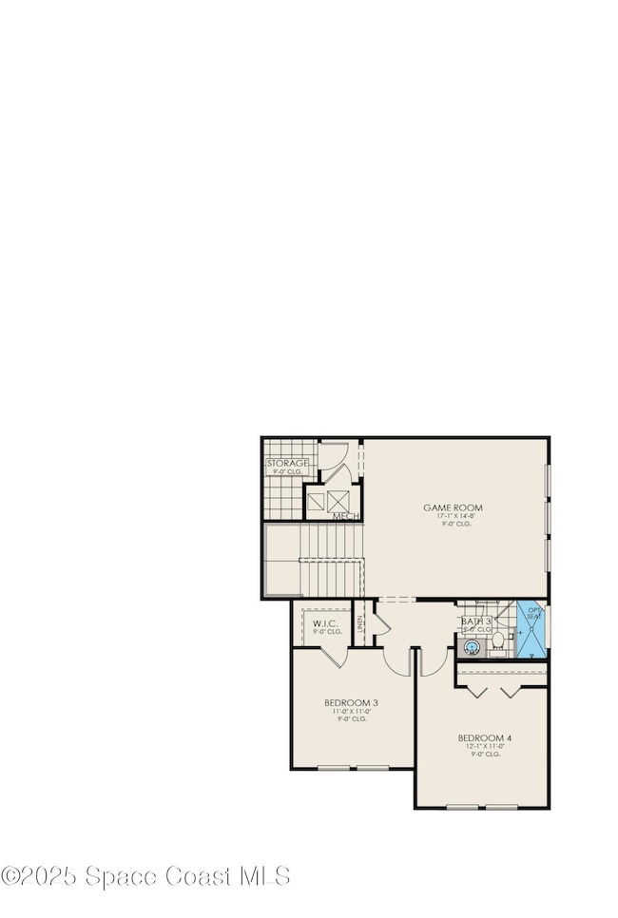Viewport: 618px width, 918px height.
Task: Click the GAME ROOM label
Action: tap(453, 507)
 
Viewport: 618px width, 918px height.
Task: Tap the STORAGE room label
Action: tap(286, 463)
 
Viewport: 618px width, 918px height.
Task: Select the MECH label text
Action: tap(345, 516)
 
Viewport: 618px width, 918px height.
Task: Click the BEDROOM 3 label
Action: tap(352, 703)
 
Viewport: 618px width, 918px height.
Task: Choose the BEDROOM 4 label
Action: tap(485, 737)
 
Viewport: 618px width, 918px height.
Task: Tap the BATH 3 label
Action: tap(475, 623)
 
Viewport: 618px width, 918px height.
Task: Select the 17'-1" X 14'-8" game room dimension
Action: tap(453, 516)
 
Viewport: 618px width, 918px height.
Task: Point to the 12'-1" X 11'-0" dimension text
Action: tap(485, 746)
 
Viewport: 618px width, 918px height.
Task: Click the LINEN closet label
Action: tap(360, 625)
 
